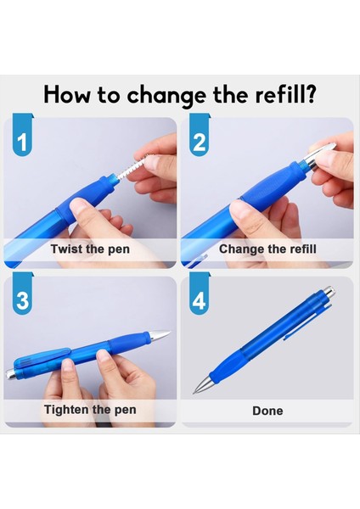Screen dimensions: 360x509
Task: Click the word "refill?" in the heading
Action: coord(285,94)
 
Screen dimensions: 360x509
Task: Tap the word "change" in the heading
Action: coord(166,96)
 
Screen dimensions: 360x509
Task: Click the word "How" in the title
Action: coord(66,94)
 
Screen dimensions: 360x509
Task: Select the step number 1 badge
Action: coord(22,134)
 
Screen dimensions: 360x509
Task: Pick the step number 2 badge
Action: coord(200,134)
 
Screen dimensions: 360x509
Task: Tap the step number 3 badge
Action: coord(22,294)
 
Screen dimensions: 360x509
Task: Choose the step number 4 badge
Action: coord(200,294)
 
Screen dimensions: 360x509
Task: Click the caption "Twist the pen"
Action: coord(90,249)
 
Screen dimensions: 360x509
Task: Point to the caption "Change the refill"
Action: coord(267,249)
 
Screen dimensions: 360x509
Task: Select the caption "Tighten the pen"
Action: coord(90,410)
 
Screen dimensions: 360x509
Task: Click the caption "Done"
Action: coord(267,411)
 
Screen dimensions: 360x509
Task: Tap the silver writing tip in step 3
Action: coord(160,335)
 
